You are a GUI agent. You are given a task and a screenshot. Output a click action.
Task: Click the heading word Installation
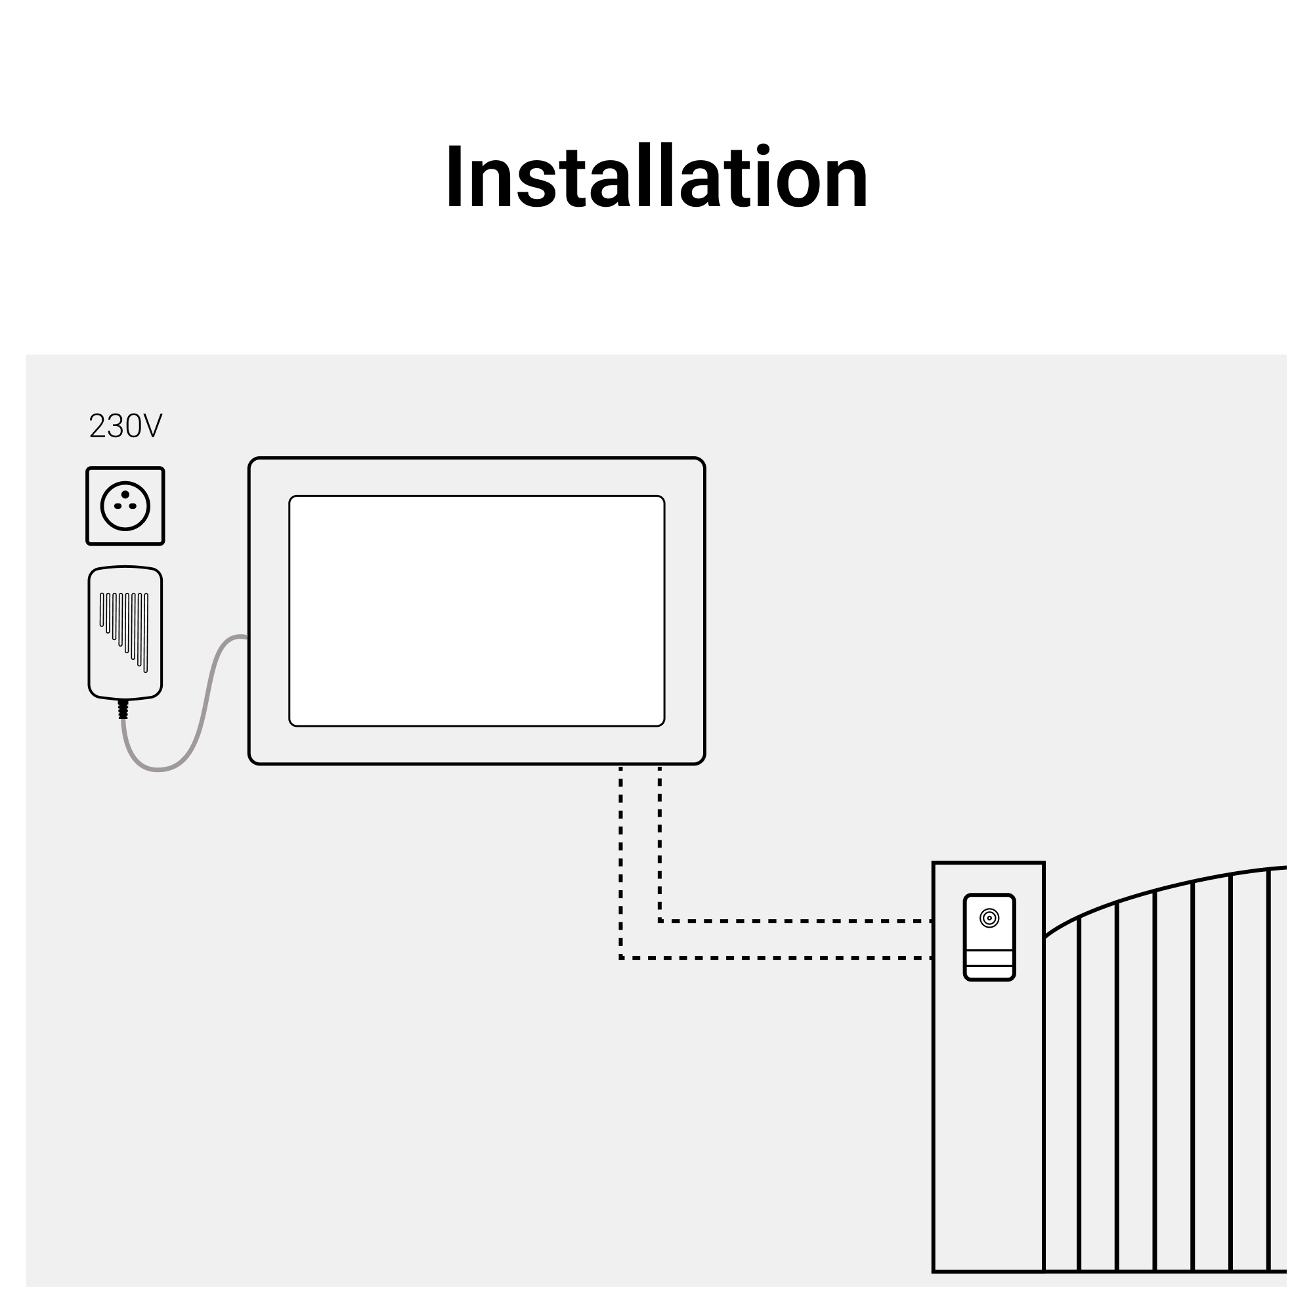pyautogui.click(x=656, y=176)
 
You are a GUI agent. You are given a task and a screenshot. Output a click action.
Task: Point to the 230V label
pyautogui.click(x=126, y=426)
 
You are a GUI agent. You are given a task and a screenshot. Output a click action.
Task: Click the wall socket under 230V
pyautogui.click(x=125, y=506)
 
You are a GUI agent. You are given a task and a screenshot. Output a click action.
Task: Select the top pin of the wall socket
pyautogui.click(x=125, y=495)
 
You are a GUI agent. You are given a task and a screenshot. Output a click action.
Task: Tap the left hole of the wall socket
pyautogui.click(x=118, y=506)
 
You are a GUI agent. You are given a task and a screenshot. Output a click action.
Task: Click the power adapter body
pyautogui.click(x=125, y=633)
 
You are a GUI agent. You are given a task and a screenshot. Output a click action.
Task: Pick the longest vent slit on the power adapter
pyautogui.click(x=146, y=633)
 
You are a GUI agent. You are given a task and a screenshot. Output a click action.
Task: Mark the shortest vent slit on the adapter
pyautogui.click(x=102, y=610)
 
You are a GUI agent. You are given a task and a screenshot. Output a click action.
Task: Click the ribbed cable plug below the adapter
pyautogui.click(x=123, y=709)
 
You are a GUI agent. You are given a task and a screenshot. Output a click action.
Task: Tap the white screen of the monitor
pyautogui.click(x=477, y=611)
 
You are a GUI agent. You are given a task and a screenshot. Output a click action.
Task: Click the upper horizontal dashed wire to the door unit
pyautogui.click(x=795, y=921)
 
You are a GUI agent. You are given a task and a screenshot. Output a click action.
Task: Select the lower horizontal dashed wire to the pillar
pyautogui.click(x=775, y=958)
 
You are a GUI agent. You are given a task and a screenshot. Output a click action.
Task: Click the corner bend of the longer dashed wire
pyautogui.click(x=620, y=958)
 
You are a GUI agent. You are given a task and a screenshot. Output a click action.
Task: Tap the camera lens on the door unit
pyautogui.click(x=989, y=918)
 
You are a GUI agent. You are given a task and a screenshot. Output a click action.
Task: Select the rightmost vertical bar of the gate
pyautogui.click(x=1268, y=1070)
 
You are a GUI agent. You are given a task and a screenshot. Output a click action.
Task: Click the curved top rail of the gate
pyautogui.click(x=1155, y=892)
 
